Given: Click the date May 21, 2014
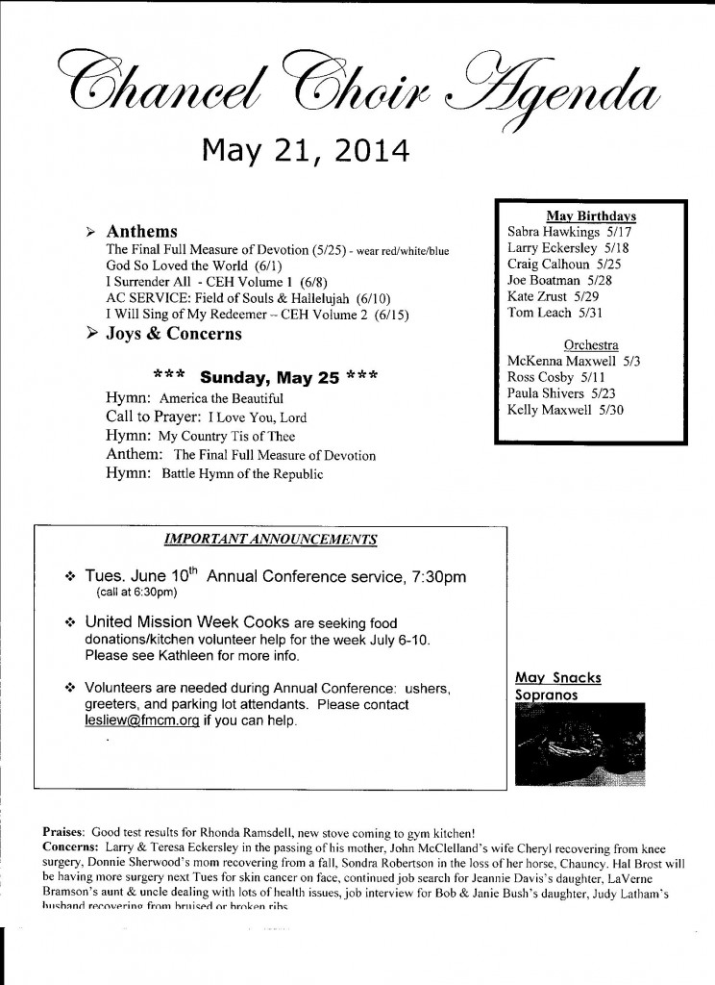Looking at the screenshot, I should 305,151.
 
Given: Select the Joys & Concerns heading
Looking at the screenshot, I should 174,334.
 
